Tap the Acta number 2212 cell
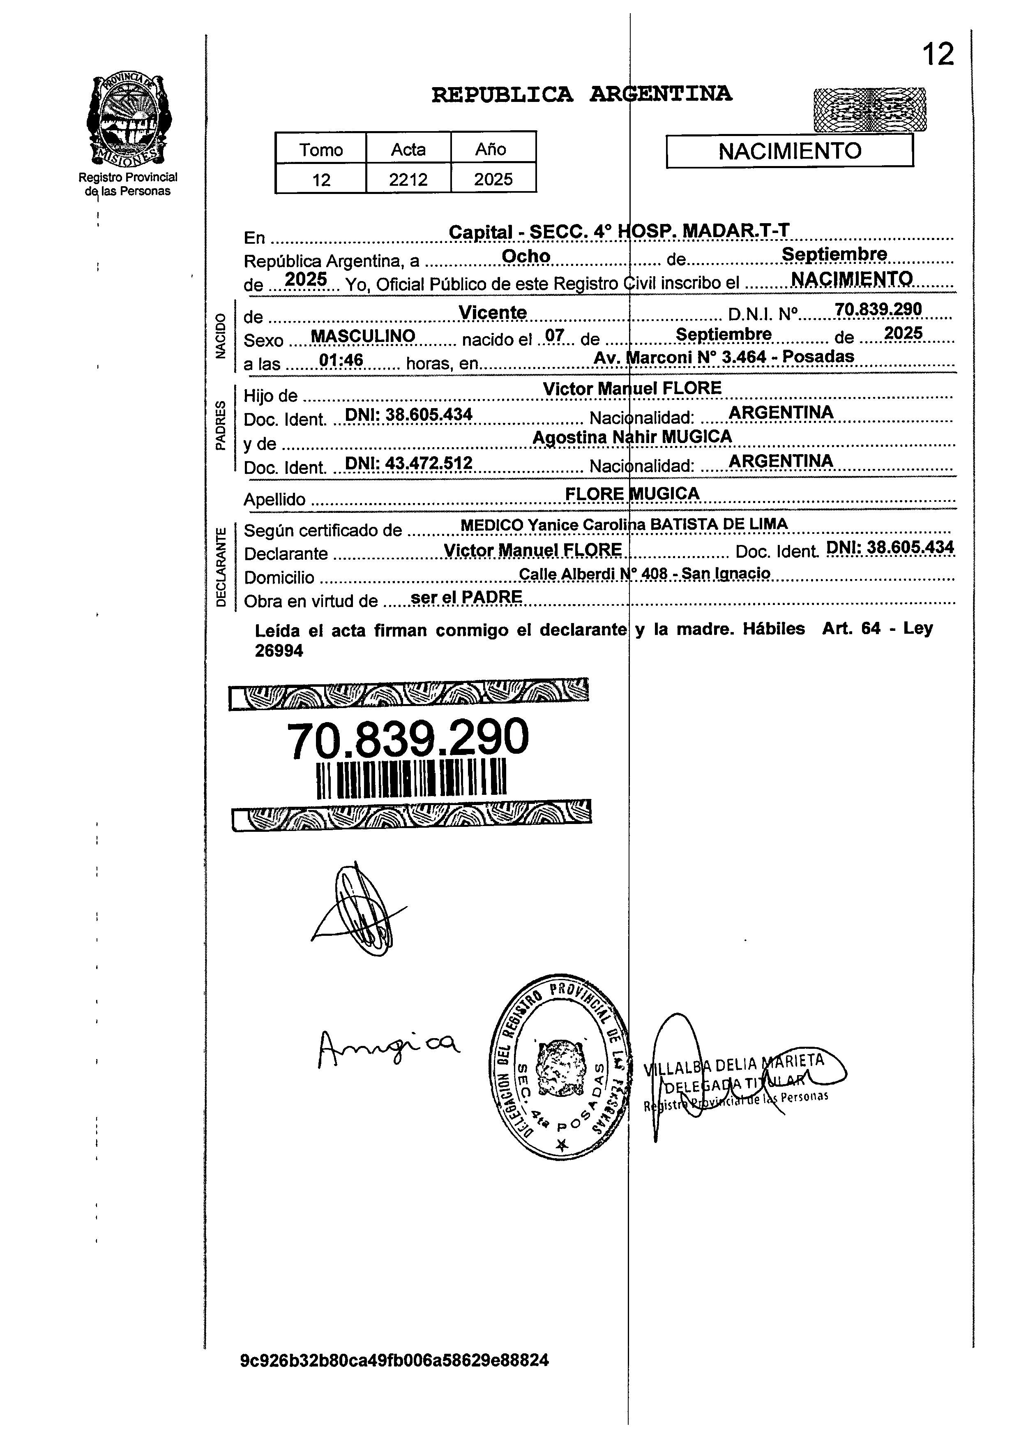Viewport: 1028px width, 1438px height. (408, 180)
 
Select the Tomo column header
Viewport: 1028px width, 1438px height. (321, 150)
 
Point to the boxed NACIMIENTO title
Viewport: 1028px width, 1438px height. (789, 151)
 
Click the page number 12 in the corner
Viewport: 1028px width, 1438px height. (938, 55)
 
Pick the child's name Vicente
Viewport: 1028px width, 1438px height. (493, 313)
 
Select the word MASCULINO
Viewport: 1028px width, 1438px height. (363, 336)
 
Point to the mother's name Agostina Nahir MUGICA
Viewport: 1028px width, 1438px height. (632, 437)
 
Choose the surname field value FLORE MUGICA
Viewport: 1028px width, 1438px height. (632, 494)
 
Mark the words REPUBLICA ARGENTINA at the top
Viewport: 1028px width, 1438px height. (581, 95)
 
